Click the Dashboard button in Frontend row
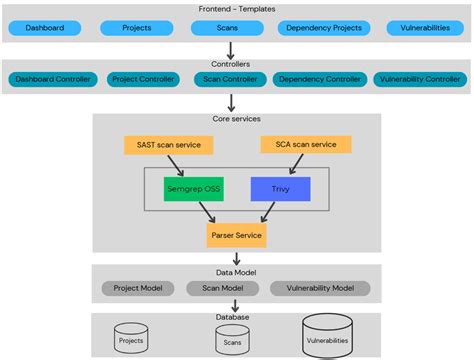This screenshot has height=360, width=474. click(x=44, y=29)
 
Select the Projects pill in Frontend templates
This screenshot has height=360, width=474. click(x=136, y=29)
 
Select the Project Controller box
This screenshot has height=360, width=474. click(x=142, y=78)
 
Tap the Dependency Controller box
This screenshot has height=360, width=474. click(x=320, y=78)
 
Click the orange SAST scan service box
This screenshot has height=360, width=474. click(x=167, y=145)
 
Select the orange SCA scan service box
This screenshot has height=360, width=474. click(x=306, y=145)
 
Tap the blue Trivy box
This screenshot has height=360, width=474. click(x=279, y=189)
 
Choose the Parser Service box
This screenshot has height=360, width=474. click(x=236, y=236)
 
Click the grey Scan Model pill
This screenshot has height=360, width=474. click(x=221, y=288)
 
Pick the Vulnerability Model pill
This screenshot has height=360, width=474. click(x=320, y=288)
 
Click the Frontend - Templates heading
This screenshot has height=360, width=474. click(x=236, y=8)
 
